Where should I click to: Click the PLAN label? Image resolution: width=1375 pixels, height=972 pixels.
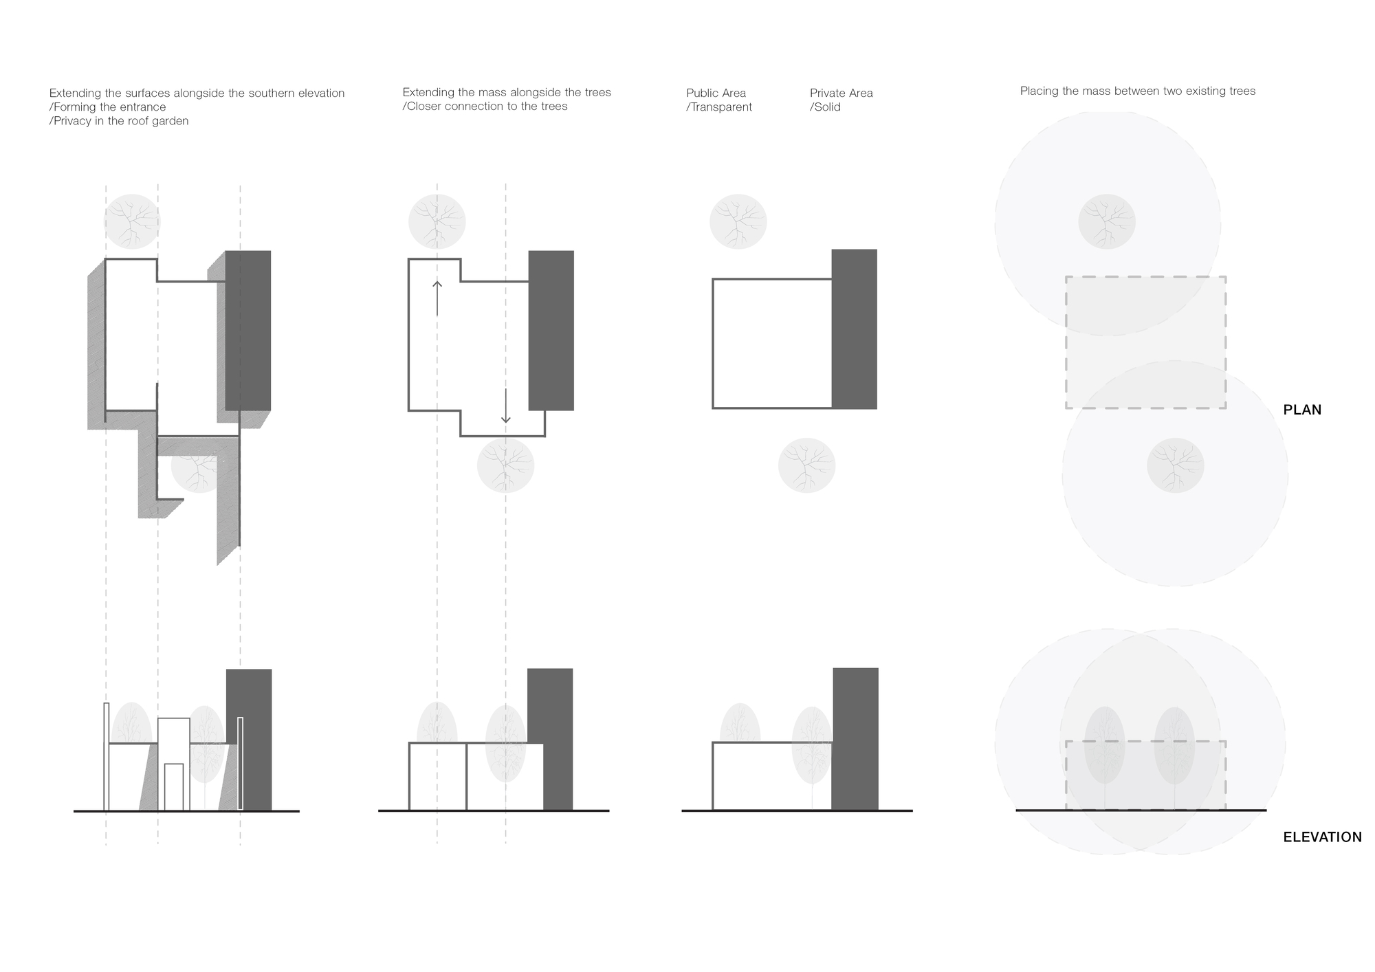click(x=1302, y=410)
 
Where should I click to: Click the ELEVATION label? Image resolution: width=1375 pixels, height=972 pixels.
click(x=1322, y=837)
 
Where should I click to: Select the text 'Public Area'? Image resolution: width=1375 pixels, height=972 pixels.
click(x=716, y=93)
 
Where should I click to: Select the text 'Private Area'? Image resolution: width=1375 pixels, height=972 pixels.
click(x=841, y=93)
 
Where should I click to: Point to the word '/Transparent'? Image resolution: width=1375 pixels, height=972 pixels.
click(x=719, y=107)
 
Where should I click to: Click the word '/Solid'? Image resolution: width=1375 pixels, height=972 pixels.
click(x=825, y=107)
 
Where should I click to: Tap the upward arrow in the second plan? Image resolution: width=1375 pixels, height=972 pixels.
click(x=437, y=297)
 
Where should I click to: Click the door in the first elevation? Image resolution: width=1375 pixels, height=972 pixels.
click(x=174, y=787)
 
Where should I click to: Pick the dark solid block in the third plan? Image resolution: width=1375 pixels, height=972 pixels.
click(x=854, y=329)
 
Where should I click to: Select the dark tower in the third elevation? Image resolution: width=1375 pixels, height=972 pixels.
click(x=855, y=739)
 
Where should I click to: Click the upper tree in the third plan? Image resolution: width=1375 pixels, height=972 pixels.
click(x=738, y=222)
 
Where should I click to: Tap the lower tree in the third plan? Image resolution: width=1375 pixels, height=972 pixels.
click(x=806, y=465)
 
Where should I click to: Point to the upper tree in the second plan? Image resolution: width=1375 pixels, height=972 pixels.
click(x=437, y=222)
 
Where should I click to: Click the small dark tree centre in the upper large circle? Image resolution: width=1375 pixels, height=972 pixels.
click(x=1106, y=222)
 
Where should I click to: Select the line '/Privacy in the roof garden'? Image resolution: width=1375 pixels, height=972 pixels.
click(x=119, y=121)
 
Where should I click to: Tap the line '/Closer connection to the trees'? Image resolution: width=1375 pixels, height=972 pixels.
click(x=485, y=107)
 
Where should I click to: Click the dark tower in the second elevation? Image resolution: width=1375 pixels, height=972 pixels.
click(x=550, y=739)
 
